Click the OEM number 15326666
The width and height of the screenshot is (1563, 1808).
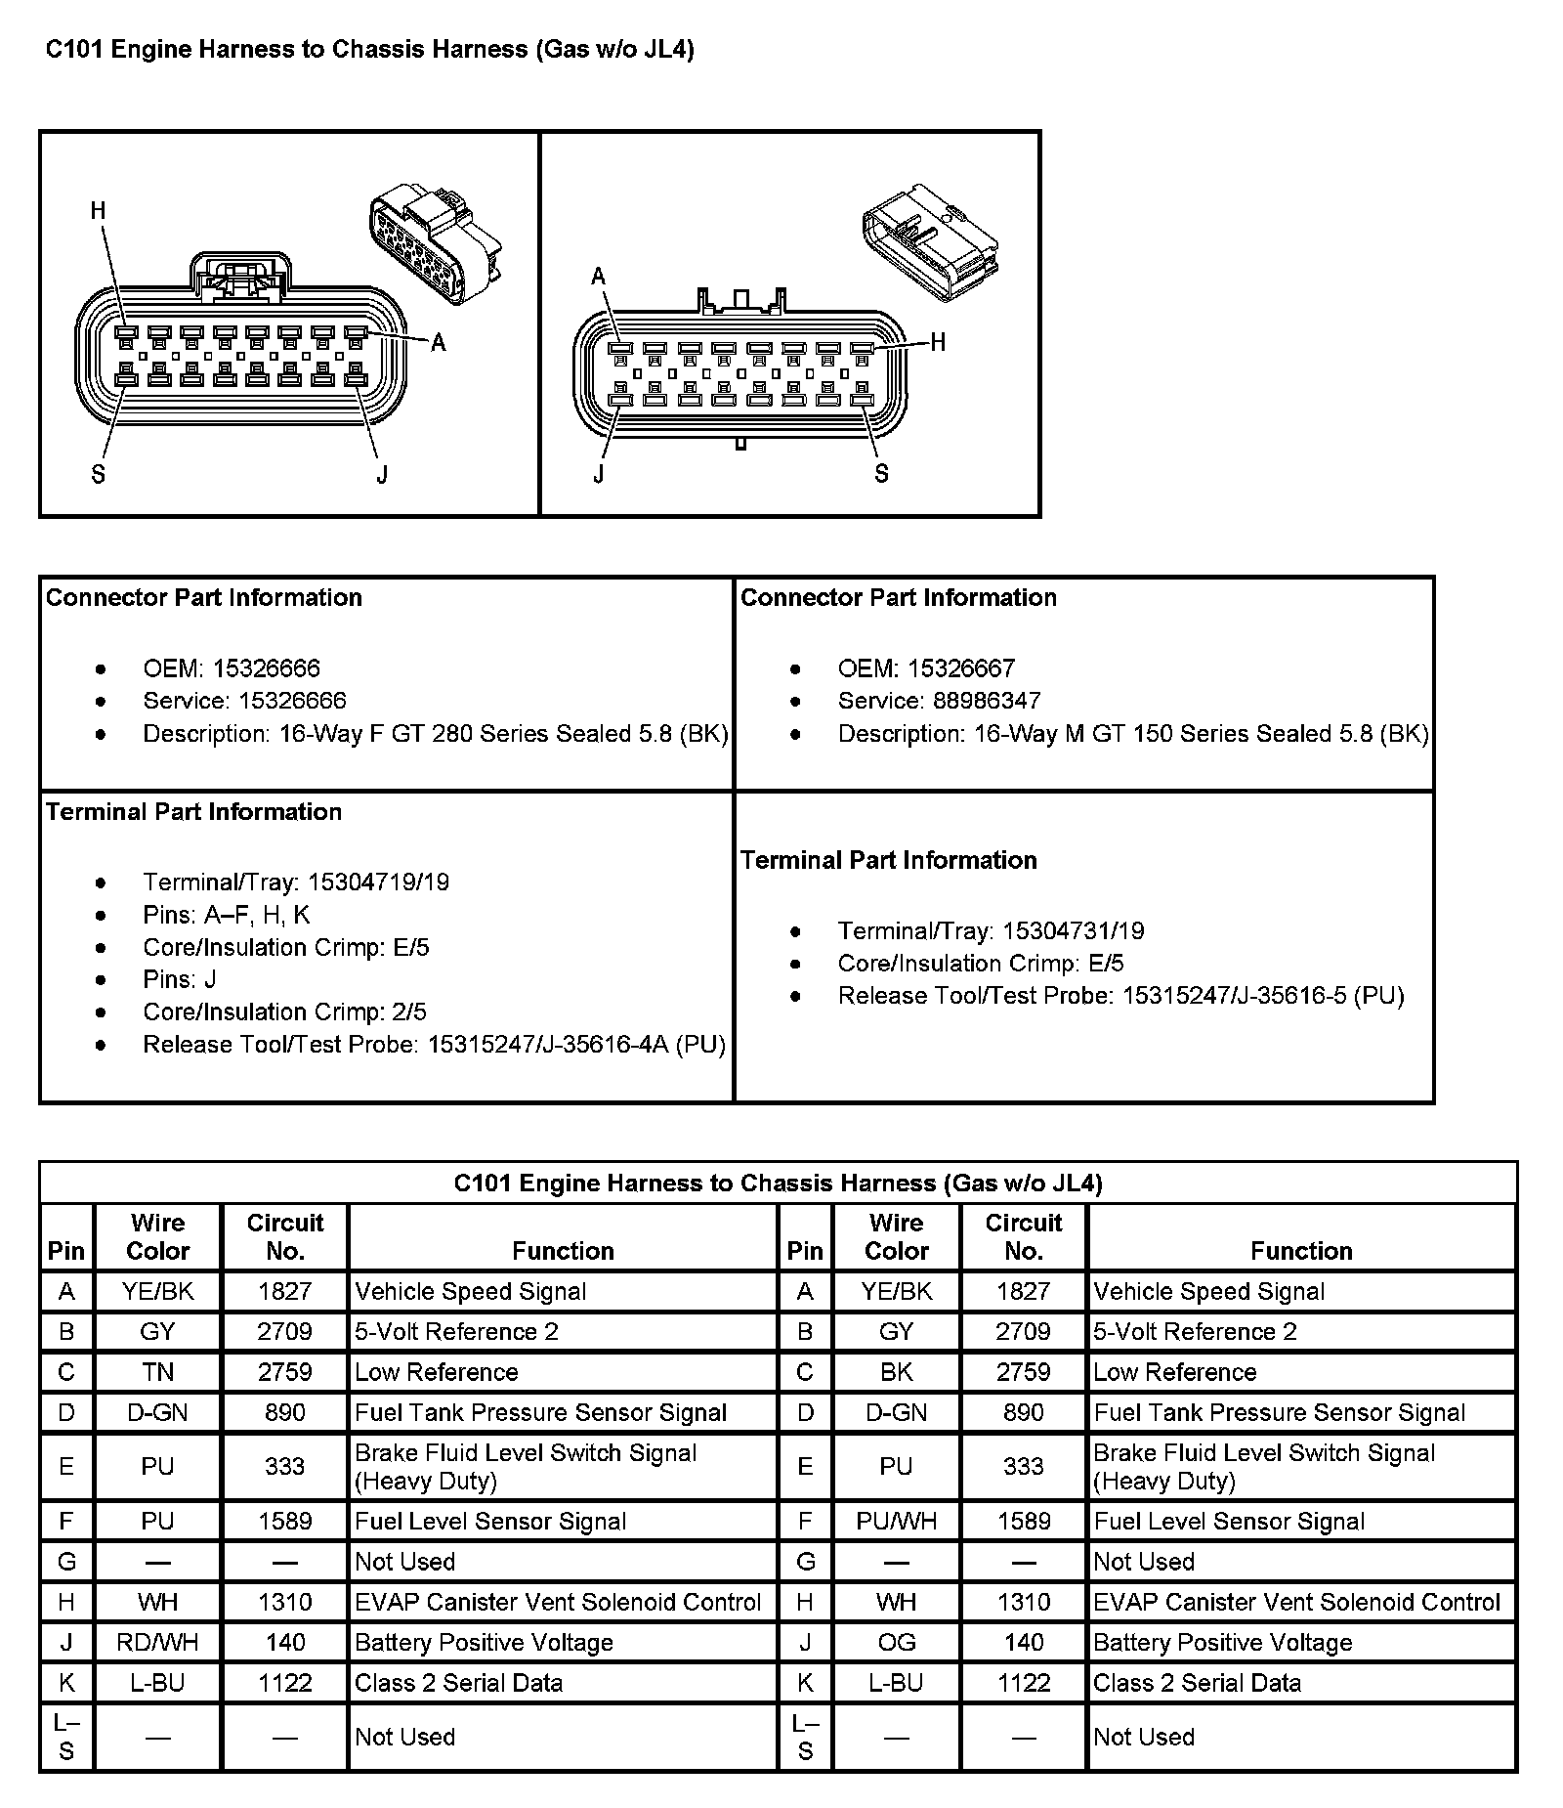click(x=266, y=668)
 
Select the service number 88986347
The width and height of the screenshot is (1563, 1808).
click(x=987, y=701)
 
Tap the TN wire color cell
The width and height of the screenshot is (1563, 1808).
click(x=158, y=1372)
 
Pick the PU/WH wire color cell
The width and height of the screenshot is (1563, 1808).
click(x=896, y=1522)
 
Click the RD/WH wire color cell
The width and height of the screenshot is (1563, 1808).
click(x=158, y=1643)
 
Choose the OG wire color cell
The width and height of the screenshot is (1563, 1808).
click(x=896, y=1643)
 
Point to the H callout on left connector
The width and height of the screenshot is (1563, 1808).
click(x=98, y=211)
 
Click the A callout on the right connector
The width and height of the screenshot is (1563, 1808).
click(x=599, y=277)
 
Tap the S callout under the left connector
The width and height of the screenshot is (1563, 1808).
click(x=98, y=475)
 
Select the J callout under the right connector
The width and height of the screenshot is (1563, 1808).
click(x=599, y=475)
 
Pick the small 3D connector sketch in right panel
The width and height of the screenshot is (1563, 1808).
click(x=929, y=241)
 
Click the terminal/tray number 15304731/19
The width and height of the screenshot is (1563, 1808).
click(x=1073, y=931)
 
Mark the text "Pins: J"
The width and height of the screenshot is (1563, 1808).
click(x=180, y=979)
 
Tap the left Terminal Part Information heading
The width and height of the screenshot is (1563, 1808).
click(x=193, y=812)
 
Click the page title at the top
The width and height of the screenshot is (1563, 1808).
click(x=370, y=50)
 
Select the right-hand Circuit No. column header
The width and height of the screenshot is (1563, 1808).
click(x=1023, y=1236)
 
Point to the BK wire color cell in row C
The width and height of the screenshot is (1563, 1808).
click(x=896, y=1372)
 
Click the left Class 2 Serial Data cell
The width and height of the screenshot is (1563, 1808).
click(x=459, y=1683)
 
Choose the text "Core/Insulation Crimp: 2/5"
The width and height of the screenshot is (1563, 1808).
click(x=284, y=1012)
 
